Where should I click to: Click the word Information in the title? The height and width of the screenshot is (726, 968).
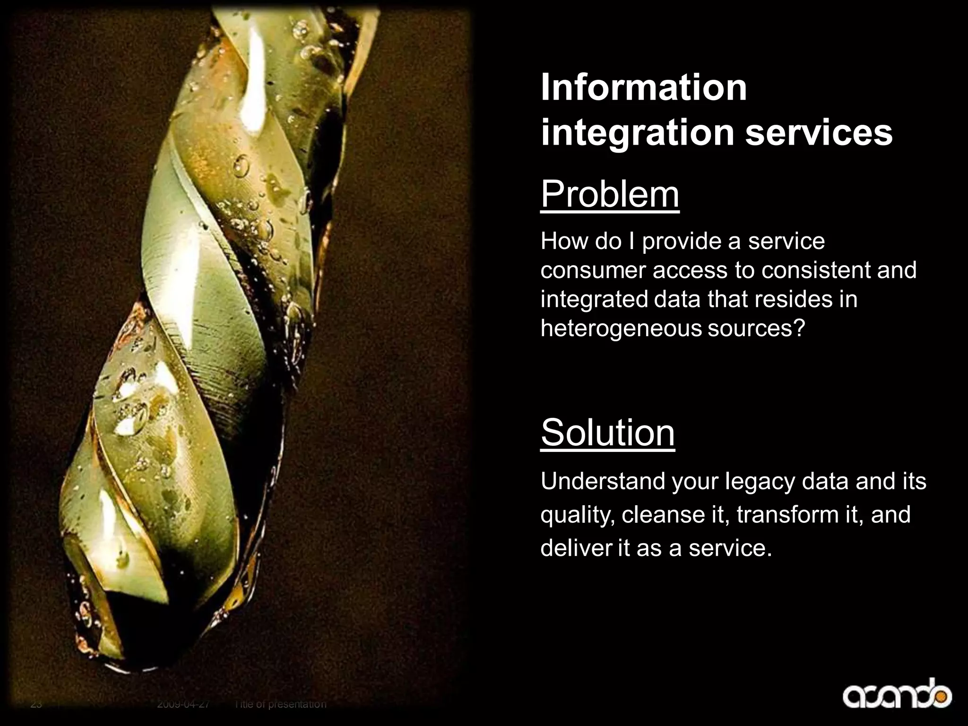643,88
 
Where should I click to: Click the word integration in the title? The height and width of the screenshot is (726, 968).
638,133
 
